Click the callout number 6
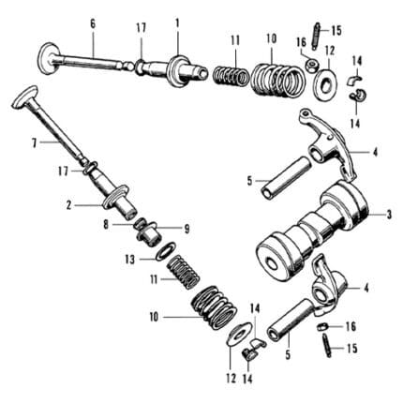coord(93,24)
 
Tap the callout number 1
coord(177,23)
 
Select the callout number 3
coord(389,215)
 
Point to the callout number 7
coord(34,143)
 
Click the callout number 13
coord(130,259)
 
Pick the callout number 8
coord(106,225)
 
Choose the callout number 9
coord(187,230)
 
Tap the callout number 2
coord(68,205)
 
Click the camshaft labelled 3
coord(312,231)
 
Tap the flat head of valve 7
coord(25,97)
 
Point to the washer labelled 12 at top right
coord(326,82)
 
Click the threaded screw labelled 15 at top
coord(315,37)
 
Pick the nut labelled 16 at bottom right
coord(321,327)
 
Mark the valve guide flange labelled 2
coord(115,197)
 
